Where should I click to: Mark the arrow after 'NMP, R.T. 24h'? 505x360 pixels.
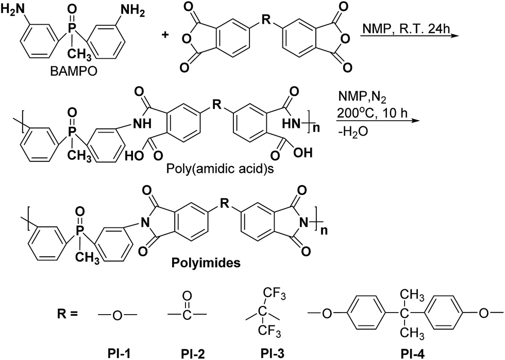pyautogui.click(x=408, y=36)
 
